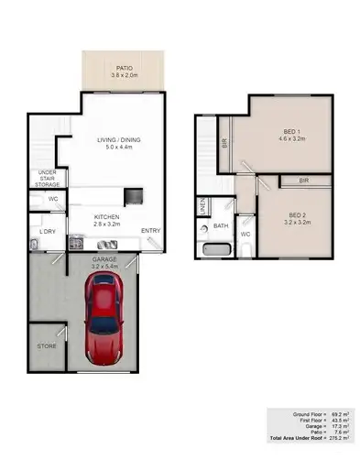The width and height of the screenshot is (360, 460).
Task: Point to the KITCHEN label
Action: pos(107,217)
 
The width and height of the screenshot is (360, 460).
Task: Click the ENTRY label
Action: pos(150,230)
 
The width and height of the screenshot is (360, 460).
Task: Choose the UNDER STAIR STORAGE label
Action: pos(48,180)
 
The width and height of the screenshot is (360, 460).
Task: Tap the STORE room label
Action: pos(47,346)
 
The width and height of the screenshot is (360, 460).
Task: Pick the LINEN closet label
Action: pos(202,207)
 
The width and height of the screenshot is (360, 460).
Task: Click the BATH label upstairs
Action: pos(221,225)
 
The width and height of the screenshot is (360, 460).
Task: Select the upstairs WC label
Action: pos(245,234)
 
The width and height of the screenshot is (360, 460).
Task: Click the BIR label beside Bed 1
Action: pos(224,142)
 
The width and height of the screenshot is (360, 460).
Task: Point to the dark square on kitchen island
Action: pos(134,195)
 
